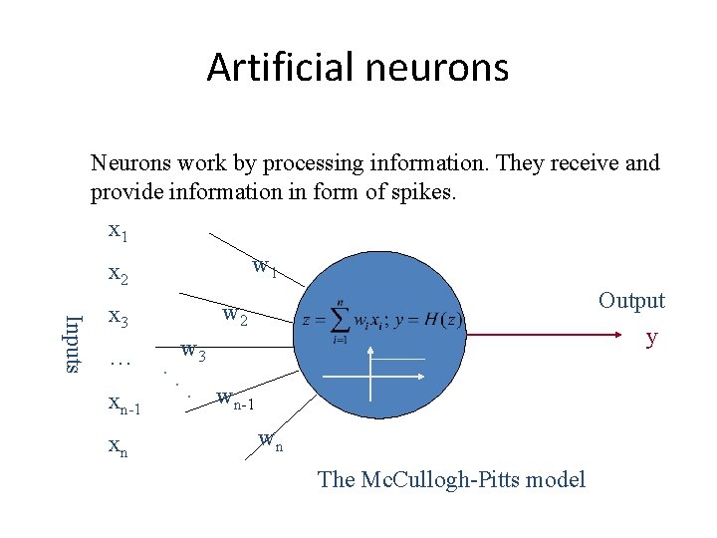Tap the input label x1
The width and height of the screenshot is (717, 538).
[x=118, y=231]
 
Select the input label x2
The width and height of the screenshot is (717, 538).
[x=118, y=274]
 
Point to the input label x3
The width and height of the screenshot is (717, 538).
[x=118, y=317]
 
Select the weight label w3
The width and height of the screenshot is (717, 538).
[x=193, y=351]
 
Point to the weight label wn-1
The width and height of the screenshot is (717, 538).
[x=237, y=402]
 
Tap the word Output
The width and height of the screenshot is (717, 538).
[x=631, y=301]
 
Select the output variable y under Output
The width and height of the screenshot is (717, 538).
[x=651, y=337]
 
